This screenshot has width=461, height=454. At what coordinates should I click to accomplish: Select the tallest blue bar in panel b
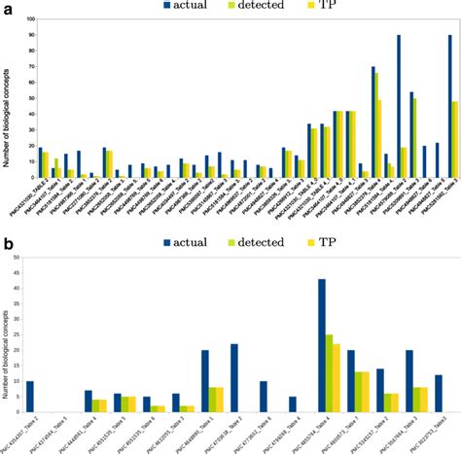321,346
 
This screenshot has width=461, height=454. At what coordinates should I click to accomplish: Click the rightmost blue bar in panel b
439,393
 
